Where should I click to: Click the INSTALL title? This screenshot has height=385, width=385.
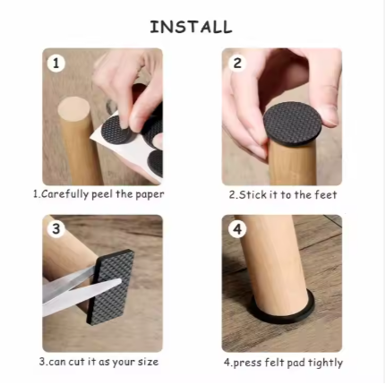pos(191,27)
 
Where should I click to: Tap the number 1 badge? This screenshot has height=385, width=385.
pos(56,64)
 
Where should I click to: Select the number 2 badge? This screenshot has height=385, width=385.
pos(237,63)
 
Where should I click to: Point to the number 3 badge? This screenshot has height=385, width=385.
pos(56,229)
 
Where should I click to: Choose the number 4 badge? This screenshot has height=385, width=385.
pos(237,229)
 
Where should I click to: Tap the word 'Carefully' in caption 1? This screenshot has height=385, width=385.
pos(64,194)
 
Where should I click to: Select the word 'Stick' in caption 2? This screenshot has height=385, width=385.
pos(253,195)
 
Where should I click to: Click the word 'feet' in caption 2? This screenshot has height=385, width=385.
pos(326,195)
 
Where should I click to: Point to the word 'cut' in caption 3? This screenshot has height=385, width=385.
pos(77,362)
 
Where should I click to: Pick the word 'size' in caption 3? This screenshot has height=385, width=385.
pos(148,362)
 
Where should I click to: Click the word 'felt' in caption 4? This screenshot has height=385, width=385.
pos(276,363)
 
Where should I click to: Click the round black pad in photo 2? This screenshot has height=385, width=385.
pos(293,123)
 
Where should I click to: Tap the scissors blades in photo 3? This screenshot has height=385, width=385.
pos(81,288)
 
